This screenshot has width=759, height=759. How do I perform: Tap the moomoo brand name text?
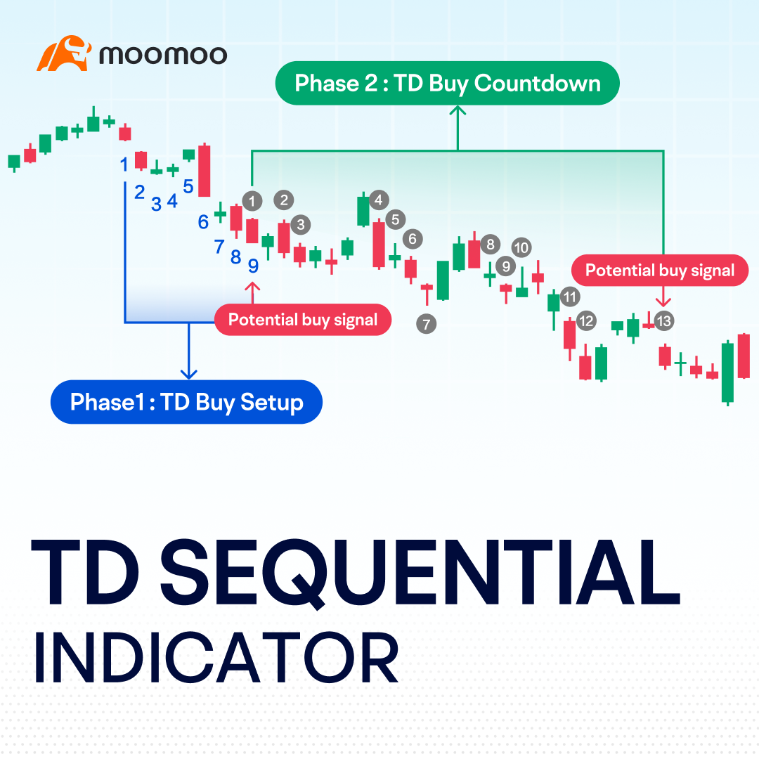click(x=163, y=55)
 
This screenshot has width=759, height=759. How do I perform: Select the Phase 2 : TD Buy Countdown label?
click(x=448, y=84)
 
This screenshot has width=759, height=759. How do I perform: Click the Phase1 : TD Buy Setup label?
click(x=186, y=403)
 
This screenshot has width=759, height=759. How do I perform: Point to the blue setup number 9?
click(x=253, y=266)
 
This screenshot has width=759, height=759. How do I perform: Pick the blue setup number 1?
click(x=124, y=164)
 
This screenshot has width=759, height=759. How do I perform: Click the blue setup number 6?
click(x=203, y=222)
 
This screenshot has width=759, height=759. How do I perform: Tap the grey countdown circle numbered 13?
click(x=663, y=321)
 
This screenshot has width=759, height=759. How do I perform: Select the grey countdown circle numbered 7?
click(x=426, y=324)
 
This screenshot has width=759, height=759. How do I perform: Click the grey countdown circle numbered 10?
click(x=521, y=247)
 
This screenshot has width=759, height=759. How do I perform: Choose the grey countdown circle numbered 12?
click(x=585, y=321)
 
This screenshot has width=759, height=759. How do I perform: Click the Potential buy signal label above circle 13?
click(x=660, y=271)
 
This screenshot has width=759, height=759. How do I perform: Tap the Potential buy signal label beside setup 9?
click(x=303, y=320)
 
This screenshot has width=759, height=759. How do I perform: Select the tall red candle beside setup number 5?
click(x=205, y=171)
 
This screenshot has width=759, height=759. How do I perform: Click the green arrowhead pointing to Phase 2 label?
click(x=458, y=110)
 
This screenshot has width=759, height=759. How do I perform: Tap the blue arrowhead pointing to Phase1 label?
click(x=188, y=374)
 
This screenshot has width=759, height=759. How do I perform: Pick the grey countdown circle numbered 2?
click(x=284, y=200)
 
